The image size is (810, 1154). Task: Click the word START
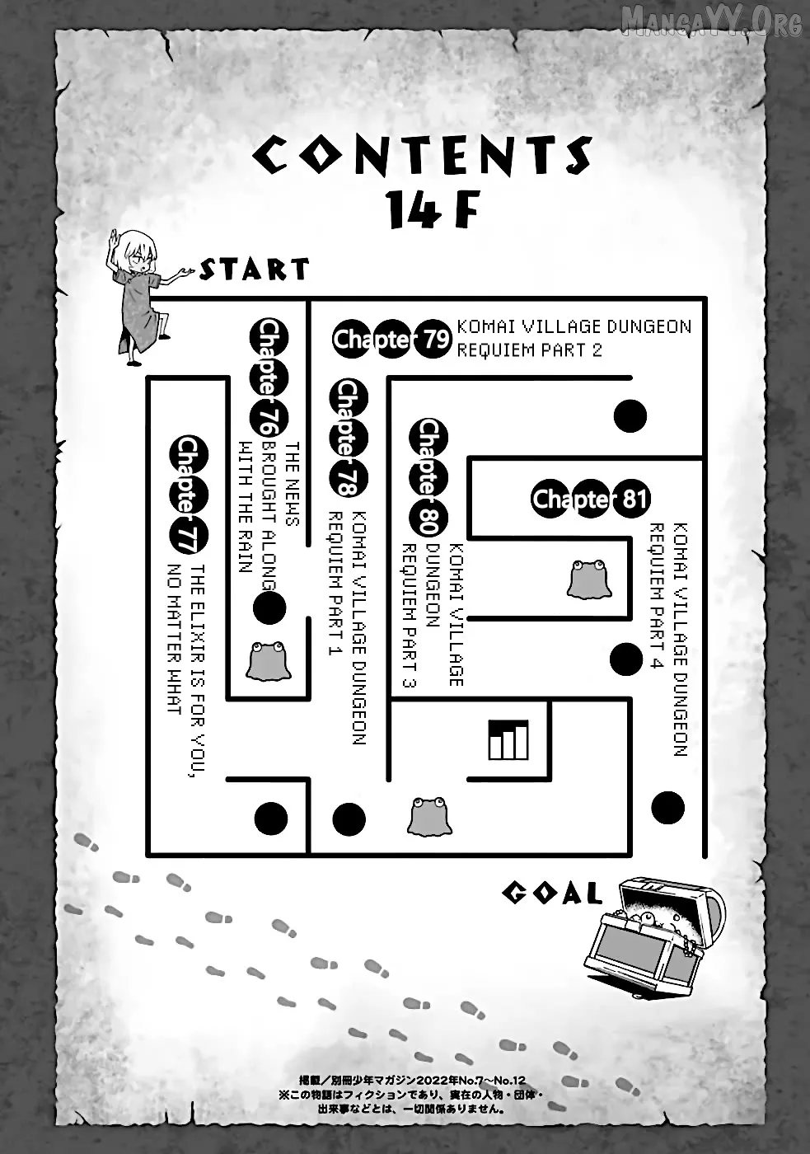point(255,269)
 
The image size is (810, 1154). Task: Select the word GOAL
point(551,532)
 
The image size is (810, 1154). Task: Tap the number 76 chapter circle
point(269,419)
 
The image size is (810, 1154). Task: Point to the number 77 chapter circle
point(189,537)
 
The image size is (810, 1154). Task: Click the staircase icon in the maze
point(508,740)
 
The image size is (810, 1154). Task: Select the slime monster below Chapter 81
point(588,579)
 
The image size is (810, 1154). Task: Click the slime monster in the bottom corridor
point(429,815)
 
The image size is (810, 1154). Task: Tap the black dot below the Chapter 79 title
point(630,416)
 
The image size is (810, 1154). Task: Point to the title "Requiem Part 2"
point(529,351)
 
